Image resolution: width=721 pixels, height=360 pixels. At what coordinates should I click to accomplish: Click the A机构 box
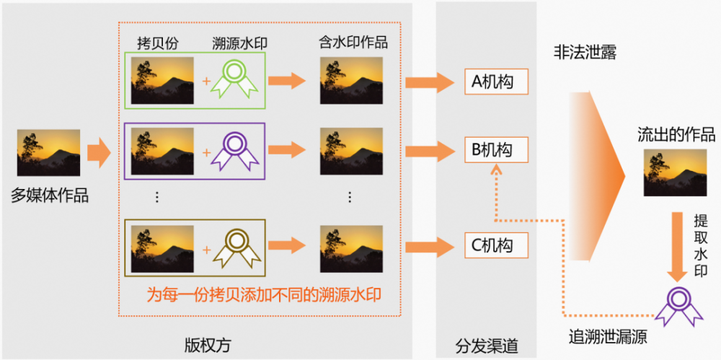497,82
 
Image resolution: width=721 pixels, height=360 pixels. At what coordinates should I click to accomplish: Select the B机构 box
497,150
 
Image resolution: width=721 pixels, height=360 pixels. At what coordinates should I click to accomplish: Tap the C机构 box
497,245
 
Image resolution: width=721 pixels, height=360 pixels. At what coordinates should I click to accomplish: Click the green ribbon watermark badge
234,79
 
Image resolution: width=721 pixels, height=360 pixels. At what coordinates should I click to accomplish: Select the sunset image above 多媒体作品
49,152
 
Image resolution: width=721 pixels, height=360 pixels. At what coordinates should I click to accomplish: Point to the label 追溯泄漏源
608,338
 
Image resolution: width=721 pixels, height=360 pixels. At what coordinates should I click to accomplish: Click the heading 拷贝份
157,44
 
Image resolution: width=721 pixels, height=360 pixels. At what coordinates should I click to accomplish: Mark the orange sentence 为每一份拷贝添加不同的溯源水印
264,294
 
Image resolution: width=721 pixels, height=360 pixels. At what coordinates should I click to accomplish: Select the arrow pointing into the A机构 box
430,82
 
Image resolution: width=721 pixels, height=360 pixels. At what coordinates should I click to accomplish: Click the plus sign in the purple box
206,152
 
